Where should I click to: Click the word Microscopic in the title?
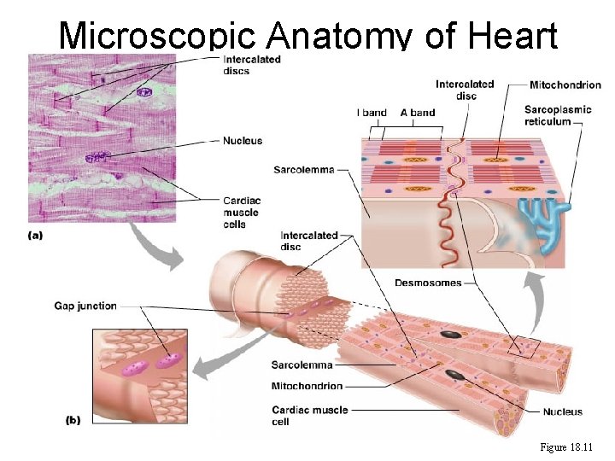[x=157, y=36]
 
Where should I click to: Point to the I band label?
[x=372, y=113]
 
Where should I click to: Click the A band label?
[x=418, y=113]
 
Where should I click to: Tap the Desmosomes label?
[x=428, y=283]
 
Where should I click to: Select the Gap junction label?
[x=85, y=306]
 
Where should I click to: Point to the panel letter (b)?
[x=74, y=420]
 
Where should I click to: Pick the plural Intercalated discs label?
[x=251, y=65]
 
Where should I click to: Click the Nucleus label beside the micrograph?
[x=243, y=140]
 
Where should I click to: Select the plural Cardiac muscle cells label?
[x=241, y=213]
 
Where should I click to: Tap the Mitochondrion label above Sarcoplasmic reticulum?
[x=565, y=85]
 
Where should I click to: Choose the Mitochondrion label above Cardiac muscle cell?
[x=307, y=386]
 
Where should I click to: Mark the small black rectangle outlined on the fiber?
[x=523, y=347]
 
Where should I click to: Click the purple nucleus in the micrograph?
[x=97, y=157]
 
